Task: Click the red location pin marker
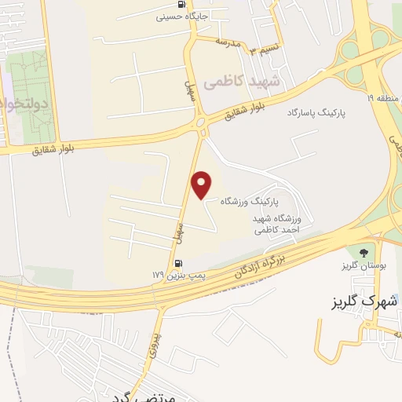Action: tap(203, 184)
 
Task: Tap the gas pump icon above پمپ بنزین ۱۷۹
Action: tap(178, 263)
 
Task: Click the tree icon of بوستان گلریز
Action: tap(363, 252)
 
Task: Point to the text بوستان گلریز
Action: tap(362, 265)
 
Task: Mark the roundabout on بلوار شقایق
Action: tap(201, 122)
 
